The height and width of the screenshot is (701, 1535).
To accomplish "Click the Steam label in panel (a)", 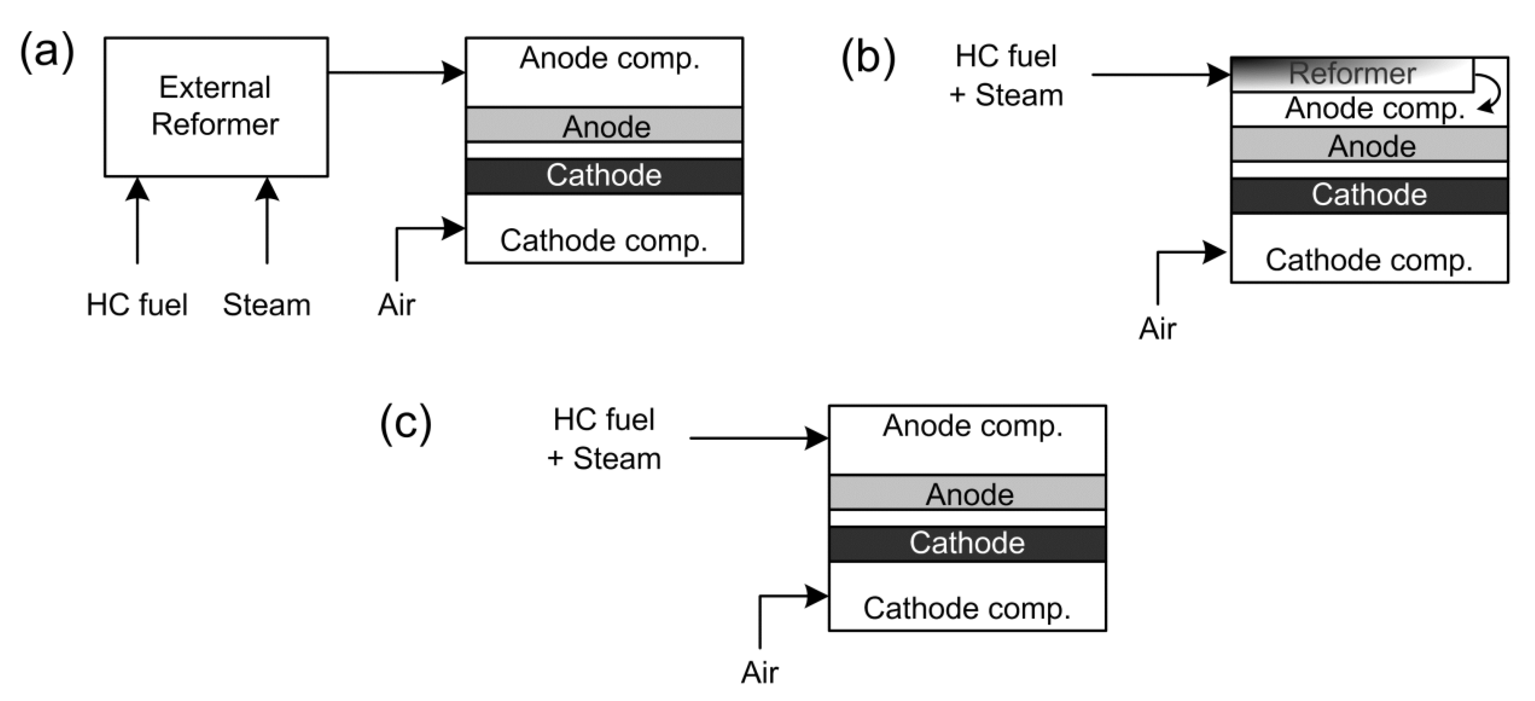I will [266, 305].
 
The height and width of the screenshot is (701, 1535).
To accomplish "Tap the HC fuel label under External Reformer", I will [137, 305].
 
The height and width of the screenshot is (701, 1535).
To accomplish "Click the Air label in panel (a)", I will [396, 305].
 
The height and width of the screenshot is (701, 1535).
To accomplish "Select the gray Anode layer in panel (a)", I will [604, 125].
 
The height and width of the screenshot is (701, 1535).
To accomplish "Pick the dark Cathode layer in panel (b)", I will [1369, 195].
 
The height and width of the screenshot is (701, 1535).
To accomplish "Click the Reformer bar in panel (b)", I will [1352, 74].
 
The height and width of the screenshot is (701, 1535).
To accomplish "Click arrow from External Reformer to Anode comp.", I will [396, 73].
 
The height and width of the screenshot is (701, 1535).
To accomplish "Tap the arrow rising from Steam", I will [267, 221].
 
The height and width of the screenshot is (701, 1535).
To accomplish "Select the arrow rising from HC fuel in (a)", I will [138, 221].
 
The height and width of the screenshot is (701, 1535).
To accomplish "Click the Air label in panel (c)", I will [759, 672].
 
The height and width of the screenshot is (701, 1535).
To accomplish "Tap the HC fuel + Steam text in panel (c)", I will [604, 439].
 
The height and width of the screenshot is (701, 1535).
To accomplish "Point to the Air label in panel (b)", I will [1157, 328].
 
